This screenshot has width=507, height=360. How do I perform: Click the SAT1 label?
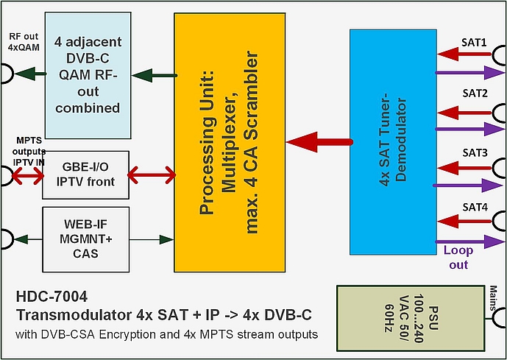[x=474, y=43]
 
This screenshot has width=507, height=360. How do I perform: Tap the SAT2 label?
[x=474, y=93]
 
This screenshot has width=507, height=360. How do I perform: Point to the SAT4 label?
[x=474, y=207]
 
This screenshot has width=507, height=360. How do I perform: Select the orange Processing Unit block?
[x=230, y=141]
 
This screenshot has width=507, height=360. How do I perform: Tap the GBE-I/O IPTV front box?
[x=85, y=174]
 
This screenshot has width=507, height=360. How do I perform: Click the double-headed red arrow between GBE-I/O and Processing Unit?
[x=152, y=175]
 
